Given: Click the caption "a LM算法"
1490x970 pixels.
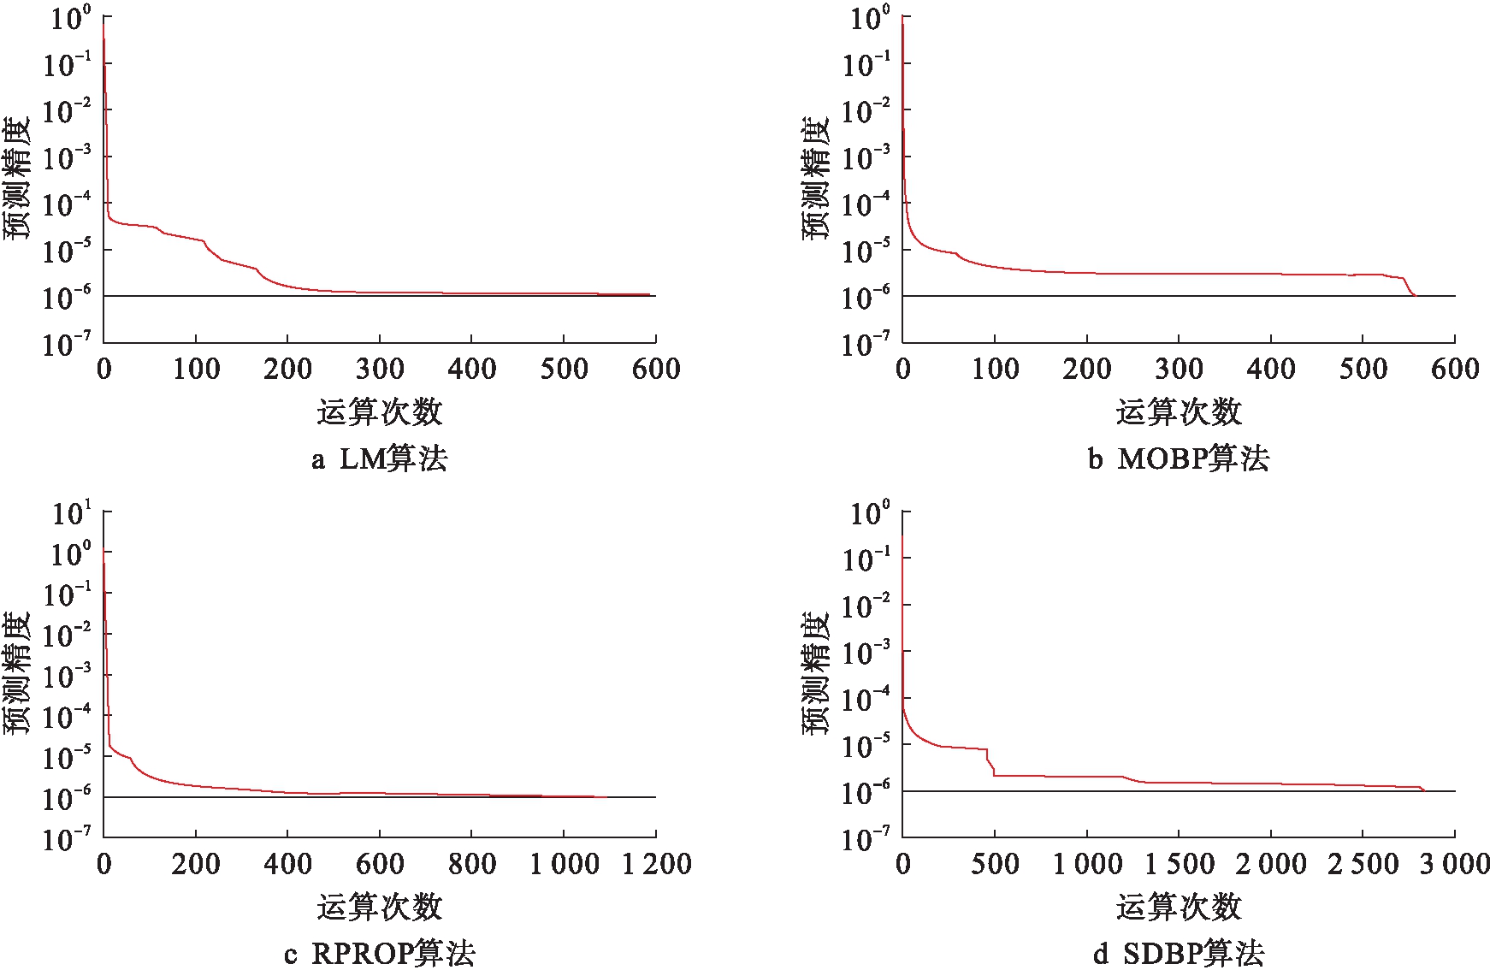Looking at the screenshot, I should [379, 459].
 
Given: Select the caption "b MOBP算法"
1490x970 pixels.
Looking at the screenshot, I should [1179, 459].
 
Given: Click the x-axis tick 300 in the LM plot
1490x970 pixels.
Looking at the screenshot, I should [380, 370].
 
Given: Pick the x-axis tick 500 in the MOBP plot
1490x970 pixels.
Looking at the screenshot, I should [1363, 370].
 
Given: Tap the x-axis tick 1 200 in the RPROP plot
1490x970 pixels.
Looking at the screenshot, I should [656, 864].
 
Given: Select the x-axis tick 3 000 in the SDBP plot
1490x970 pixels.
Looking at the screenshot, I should [1454, 864].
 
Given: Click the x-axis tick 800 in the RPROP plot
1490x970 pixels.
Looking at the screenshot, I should [472, 864].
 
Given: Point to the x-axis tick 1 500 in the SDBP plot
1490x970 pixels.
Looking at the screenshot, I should [1179, 864].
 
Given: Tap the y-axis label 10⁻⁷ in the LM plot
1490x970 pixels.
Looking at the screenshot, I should [67, 344].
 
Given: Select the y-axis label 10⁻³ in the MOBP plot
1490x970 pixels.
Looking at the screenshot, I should [866, 157].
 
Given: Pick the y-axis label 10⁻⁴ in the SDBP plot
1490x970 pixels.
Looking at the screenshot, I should [866, 700].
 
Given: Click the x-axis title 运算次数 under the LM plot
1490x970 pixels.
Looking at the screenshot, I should [379, 412].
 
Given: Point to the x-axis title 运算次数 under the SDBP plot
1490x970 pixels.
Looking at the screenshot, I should [1179, 907].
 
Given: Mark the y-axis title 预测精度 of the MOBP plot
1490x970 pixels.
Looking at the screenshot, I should [816, 178].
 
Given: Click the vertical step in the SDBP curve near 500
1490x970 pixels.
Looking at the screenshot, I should [992, 764].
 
